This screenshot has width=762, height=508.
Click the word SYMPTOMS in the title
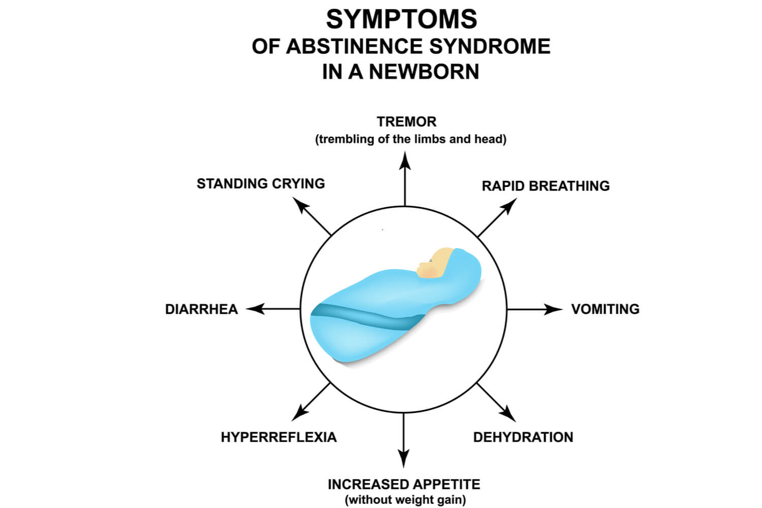pos(401,20)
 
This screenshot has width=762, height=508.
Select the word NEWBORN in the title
pos(424,72)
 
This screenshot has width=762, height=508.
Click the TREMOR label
pos(406,122)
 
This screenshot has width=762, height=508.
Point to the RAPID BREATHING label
pos(546,186)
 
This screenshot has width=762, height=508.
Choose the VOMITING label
pos(605,309)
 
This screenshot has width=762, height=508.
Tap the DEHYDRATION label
pos(523,437)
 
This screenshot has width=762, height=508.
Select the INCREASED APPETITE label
pos(404,484)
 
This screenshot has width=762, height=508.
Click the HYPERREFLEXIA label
pos(278,437)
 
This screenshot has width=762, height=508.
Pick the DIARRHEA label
pos(201,309)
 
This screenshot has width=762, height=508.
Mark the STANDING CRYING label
pos(261,183)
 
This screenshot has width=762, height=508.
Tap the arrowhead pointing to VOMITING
pos(552,309)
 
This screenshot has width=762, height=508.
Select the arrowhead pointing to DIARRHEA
pos(256,309)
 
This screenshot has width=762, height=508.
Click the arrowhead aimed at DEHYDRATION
pos(509,414)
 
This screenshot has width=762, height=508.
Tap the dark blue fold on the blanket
pos(366,316)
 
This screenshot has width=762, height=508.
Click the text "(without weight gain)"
pos(405,500)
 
